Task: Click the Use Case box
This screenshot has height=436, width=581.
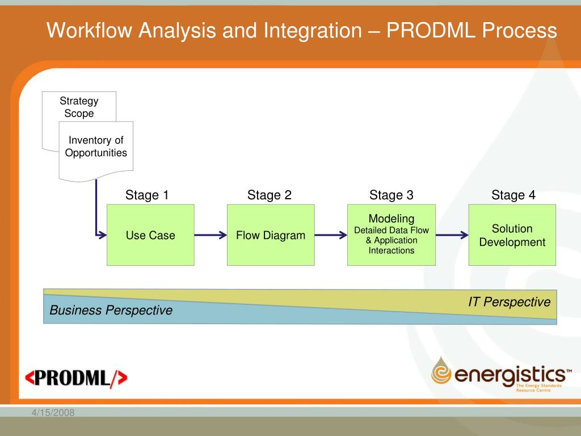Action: click(150, 235)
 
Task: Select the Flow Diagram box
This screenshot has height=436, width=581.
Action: click(271, 235)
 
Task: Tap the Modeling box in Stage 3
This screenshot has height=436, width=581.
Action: click(391, 234)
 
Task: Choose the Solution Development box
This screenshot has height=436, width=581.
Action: click(512, 235)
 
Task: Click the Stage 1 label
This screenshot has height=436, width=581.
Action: click(147, 195)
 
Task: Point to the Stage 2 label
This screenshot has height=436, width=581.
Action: click(270, 195)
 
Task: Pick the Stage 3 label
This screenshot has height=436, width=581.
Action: click(391, 195)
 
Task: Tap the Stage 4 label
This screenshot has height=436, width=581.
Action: click(513, 195)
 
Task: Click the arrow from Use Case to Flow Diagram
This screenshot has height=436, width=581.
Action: click(210, 235)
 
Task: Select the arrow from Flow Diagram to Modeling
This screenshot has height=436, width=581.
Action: click(330, 235)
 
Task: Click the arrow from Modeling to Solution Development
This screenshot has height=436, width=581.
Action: click(452, 235)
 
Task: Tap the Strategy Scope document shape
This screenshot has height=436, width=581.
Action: click(79, 107)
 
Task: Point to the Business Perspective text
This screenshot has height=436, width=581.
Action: click(111, 311)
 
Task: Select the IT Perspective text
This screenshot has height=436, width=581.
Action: click(509, 302)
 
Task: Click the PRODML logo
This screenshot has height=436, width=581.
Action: click(77, 378)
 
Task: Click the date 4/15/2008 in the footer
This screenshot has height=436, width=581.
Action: click(53, 412)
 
